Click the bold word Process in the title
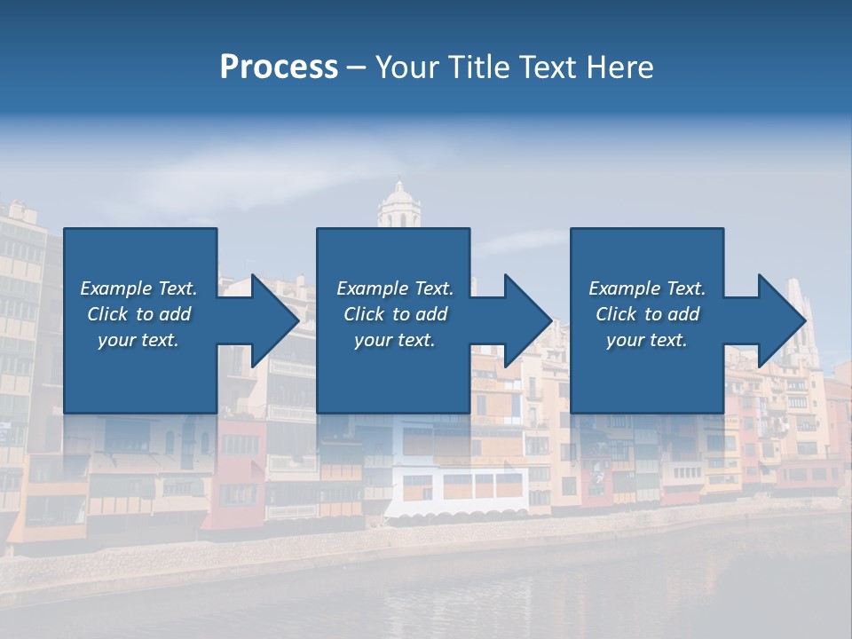click(x=279, y=67)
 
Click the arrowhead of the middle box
click(x=527, y=320)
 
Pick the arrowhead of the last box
click(x=781, y=320)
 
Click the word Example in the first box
click(x=115, y=288)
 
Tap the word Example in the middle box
click(x=372, y=288)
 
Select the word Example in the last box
click(x=624, y=288)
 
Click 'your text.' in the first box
click(x=138, y=340)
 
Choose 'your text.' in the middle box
click(x=395, y=340)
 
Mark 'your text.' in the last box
click(x=647, y=340)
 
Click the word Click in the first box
click(x=106, y=314)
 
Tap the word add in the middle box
click(x=431, y=314)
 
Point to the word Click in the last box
click(x=616, y=314)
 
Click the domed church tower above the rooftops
click(x=398, y=207)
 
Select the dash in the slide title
click(x=356, y=67)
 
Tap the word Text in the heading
click(x=548, y=67)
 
